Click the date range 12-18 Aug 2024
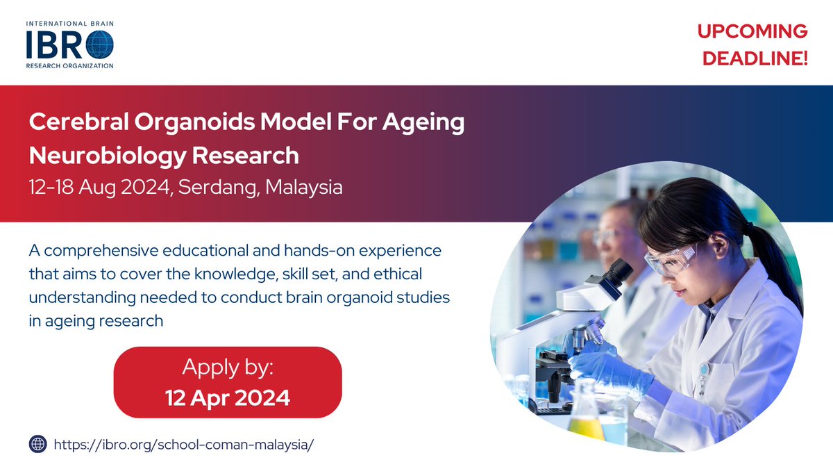pos(99,187)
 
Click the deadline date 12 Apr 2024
pos(228,397)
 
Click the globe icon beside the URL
pos(37,443)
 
